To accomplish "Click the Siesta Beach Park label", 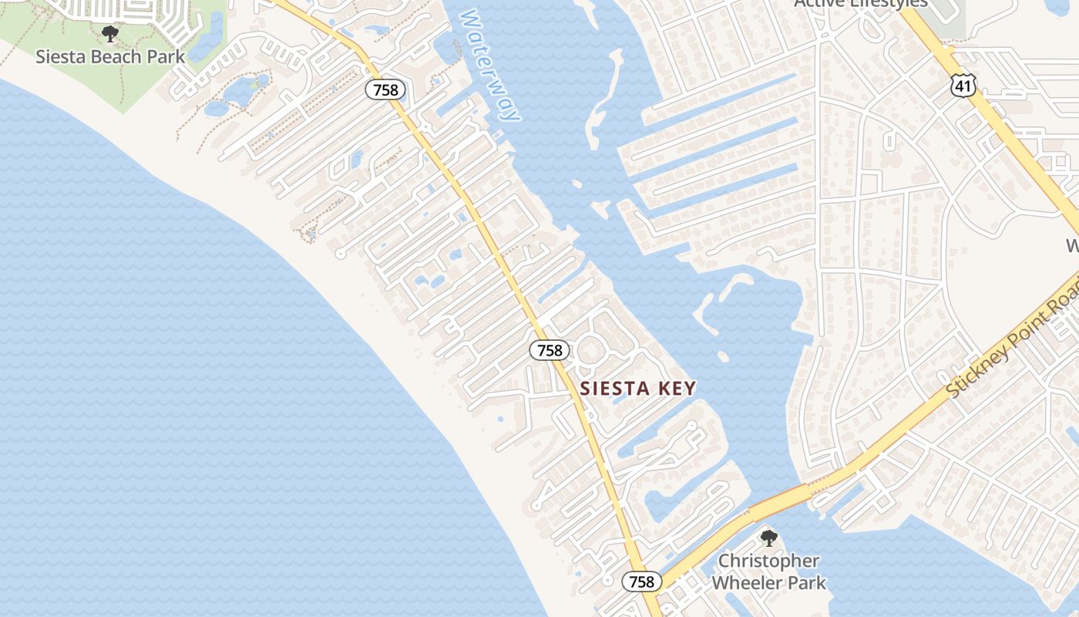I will (110, 56).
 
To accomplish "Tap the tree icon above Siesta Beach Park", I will (110, 34).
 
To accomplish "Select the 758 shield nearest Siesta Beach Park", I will (385, 90).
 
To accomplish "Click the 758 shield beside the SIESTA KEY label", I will (550, 350).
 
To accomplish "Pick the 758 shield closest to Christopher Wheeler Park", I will (641, 582).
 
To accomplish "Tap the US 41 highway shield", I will (963, 85).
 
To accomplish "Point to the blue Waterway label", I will (491, 66).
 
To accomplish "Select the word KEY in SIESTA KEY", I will (677, 389).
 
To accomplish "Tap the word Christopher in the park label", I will (768, 561).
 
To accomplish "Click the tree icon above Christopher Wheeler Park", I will (768, 538).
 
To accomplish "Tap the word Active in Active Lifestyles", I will (820, 3).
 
